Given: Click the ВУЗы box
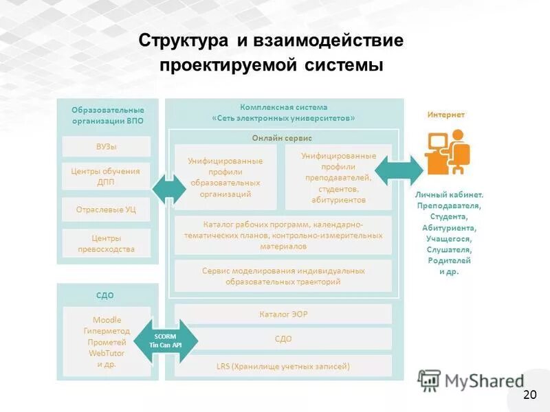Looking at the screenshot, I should click(x=106, y=146).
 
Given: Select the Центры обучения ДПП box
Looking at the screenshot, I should click(x=106, y=176).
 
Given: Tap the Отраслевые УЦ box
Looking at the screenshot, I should click(x=106, y=209).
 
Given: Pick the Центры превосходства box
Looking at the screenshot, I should click(x=106, y=244).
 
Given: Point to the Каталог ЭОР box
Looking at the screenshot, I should click(x=283, y=314).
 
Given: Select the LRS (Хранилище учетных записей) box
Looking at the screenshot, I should click(x=283, y=366).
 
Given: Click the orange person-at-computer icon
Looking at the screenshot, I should click(x=445, y=152).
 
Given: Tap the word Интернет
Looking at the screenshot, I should click(x=445, y=115).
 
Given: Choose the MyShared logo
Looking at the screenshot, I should click(x=470, y=380).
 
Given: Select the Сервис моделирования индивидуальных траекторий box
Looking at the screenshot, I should click(x=283, y=276).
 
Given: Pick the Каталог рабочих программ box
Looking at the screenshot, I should click(x=283, y=236).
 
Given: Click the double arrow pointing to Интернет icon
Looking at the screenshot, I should click(x=399, y=168).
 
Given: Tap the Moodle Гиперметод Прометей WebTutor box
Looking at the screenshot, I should click(x=106, y=341).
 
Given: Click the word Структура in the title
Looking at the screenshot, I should click(x=184, y=41).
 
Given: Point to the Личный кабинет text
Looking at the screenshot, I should click(x=449, y=194).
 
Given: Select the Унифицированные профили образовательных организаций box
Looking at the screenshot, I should click(x=225, y=177).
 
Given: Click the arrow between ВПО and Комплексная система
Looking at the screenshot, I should click(x=168, y=188).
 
